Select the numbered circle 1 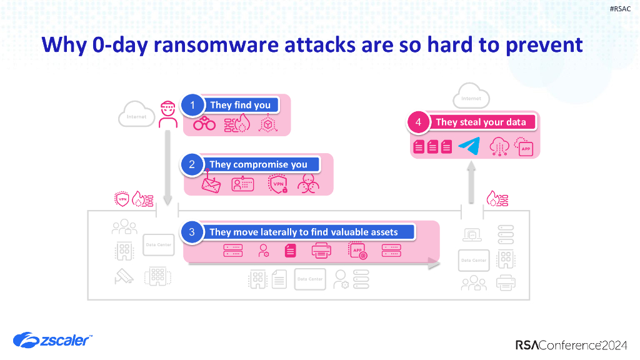[192, 105]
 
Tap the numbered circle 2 [192, 164]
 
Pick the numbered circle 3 [192, 232]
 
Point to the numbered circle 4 [418, 122]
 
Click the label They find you [241, 105]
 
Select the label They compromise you [258, 164]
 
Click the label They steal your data [481, 122]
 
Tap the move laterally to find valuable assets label [303, 232]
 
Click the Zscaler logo [52, 340]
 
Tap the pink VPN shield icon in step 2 [276, 184]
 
